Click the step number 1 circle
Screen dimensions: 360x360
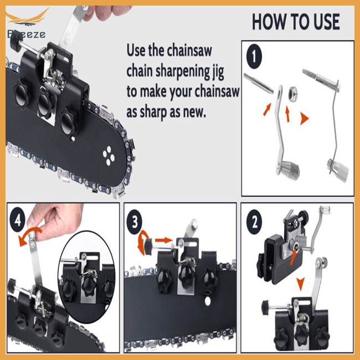click(x=254, y=56)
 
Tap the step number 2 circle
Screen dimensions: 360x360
click(x=254, y=222)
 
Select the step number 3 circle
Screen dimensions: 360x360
click(x=135, y=222)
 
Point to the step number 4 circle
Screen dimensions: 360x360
click(x=18, y=220)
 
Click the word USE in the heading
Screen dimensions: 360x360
click(x=323, y=22)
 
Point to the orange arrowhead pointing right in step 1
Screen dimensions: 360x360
click(x=304, y=119)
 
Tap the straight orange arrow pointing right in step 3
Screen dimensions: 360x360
click(x=163, y=240)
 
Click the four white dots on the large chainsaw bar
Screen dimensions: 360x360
click(x=109, y=156)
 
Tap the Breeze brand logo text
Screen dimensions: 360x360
click(x=27, y=34)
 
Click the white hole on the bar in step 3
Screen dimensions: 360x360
click(x=208, y=301)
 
